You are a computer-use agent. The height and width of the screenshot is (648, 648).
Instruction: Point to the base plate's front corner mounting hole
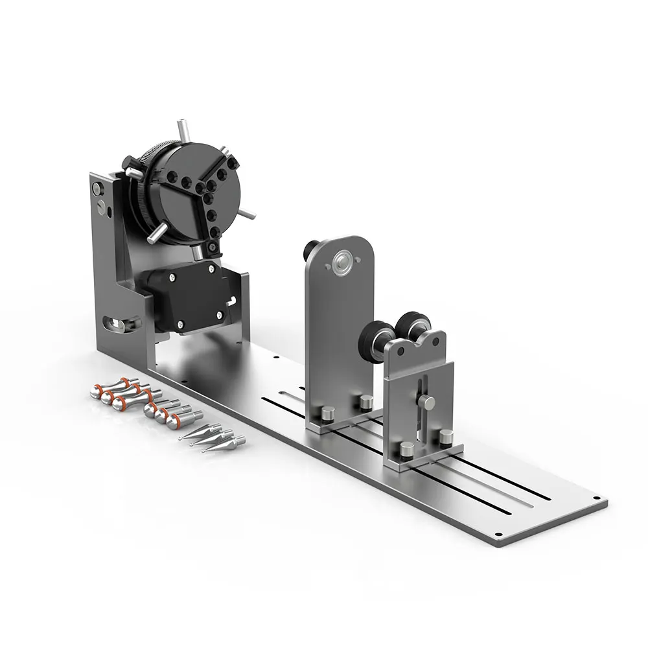(498, 536)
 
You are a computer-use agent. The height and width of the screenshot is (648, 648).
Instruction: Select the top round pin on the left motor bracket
(97, 189)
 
